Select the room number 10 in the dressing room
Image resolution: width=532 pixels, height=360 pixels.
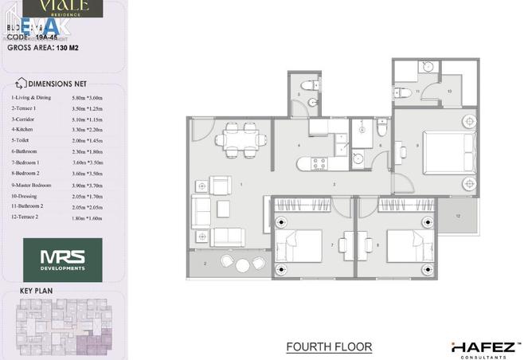pyautogui.click(x=450, y=92)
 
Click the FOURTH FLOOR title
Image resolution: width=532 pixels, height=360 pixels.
pyautogui.click(x=329, y=346)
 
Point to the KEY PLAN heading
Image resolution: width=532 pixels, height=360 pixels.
pyautogui.click(x=37, y=292)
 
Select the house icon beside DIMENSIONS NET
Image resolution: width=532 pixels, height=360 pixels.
pyautogui.click(x=20, y=83)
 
